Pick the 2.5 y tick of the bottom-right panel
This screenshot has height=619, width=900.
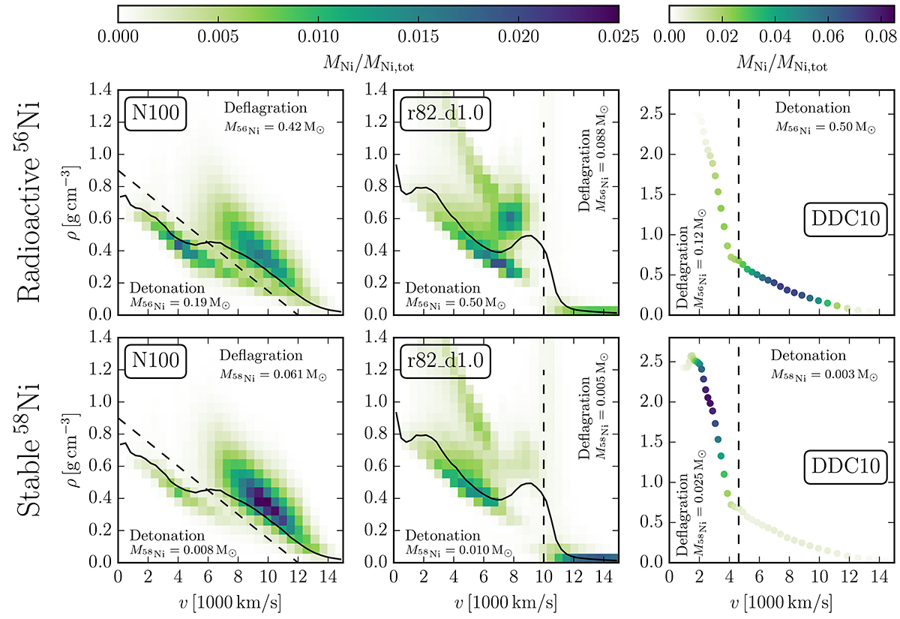point(658,362)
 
